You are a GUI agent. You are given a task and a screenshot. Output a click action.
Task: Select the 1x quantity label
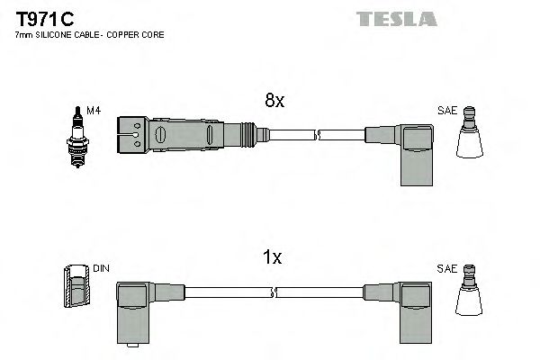click(x=273, y=258)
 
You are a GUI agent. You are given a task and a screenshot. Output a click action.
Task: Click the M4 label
click(x=92, y=111)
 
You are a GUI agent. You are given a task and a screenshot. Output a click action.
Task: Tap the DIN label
click(x=101, y=268)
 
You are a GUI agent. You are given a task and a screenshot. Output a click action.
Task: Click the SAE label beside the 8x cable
click(x=447, y=111)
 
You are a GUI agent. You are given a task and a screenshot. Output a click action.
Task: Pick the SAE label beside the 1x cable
click(x=447, y=268)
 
